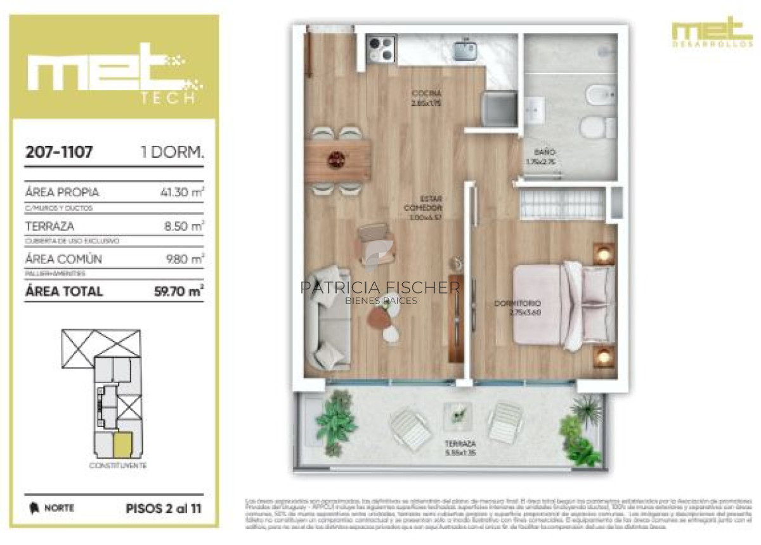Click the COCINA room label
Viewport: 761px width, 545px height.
coord(426,93)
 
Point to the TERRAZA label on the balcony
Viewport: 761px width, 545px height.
coord(460,443)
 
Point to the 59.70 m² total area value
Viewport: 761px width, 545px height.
coord(179,291)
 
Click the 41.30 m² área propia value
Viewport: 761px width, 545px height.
coord(182,192)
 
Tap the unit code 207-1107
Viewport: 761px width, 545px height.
coord(59,152)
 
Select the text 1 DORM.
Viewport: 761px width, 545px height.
coord(172,152)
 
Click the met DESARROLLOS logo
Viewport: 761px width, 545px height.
coord(712,32)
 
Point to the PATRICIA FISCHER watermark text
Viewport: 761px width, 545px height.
coord(380,287)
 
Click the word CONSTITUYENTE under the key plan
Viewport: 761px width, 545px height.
coord(118,466)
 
